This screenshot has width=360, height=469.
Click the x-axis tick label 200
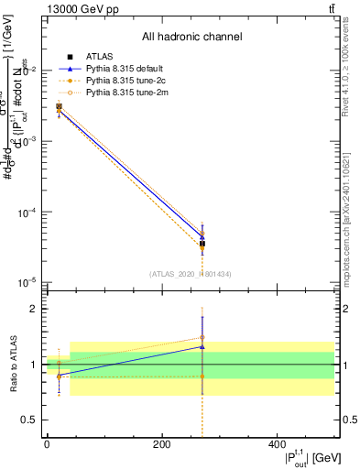pos(162,444)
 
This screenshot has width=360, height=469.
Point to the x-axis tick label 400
pos(277,444)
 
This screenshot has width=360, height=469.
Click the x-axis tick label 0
pos(47,444)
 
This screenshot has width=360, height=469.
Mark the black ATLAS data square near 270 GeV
pos(202,244)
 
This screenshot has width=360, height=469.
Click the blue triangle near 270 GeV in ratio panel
pos(202,346)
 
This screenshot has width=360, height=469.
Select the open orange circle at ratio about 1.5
pos(202,338)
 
